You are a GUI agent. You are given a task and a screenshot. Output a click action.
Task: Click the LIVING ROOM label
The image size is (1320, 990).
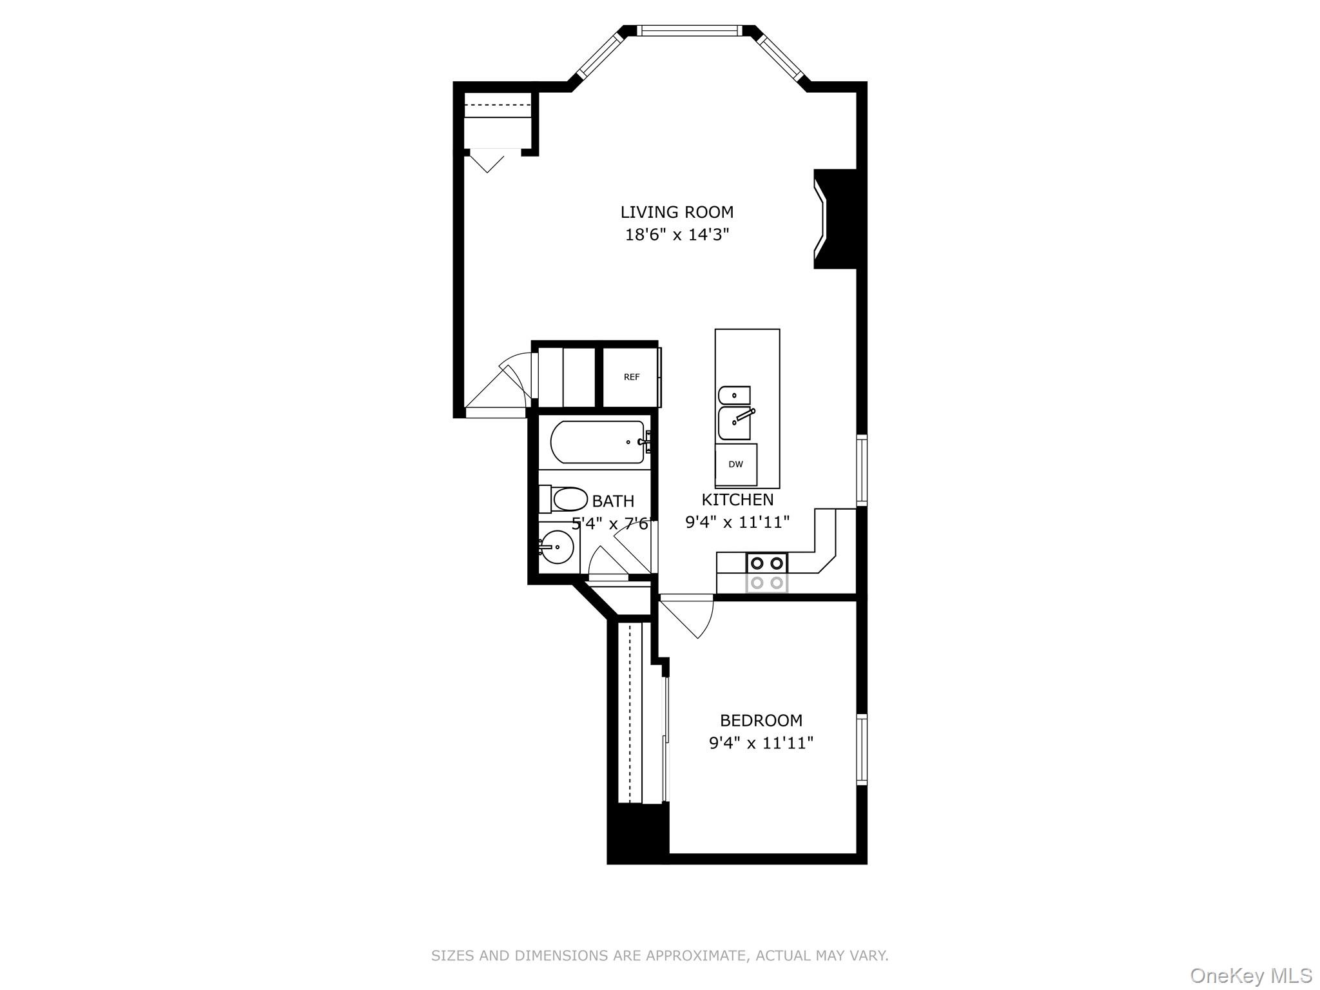point(677,212)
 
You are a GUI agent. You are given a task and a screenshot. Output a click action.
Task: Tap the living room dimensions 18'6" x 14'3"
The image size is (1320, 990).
point(677,235)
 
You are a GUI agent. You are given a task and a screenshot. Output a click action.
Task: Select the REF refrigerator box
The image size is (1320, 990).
point(631,377)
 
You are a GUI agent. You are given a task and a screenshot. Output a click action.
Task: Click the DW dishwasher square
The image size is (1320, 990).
point(735,465)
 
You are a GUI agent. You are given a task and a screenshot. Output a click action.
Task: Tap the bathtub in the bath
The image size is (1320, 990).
point(597,442)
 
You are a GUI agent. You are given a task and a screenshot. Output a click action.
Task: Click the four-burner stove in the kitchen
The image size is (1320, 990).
point(767,572)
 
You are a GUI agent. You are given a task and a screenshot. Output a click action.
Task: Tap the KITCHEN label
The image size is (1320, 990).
point(737,500)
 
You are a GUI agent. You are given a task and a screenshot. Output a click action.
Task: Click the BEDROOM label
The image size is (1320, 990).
point(761,720)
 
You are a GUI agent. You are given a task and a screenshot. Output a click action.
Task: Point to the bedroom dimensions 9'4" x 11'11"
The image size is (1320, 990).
point(761,743)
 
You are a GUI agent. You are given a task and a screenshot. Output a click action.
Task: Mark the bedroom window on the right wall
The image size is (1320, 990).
point(861,749)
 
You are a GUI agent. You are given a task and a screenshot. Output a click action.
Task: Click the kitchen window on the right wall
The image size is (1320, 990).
point(861,470)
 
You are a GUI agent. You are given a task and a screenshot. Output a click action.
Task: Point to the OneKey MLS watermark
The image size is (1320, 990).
point(1250,975)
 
